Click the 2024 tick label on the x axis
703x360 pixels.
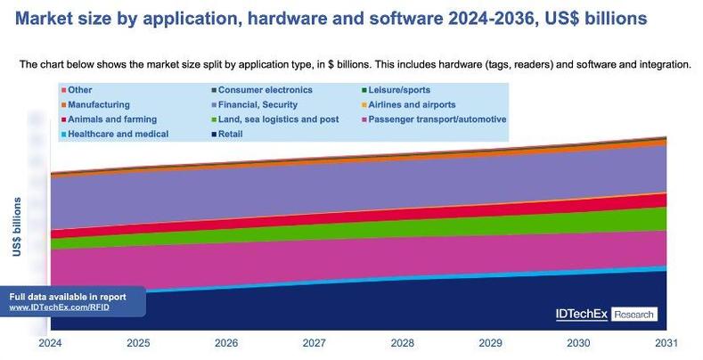(x=51, y=342)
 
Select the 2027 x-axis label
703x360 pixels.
(x=315, y=342)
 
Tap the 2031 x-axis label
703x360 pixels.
(x=666, y=342)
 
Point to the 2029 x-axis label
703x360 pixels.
(x=490, y=342)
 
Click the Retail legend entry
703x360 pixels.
(x=230, y=134)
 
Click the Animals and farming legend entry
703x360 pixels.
(x=111, y=119)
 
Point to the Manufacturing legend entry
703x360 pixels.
(x=101, y=104)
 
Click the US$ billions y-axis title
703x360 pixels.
(x=17, y=227)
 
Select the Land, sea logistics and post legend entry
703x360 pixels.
(x=277, y=119)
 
